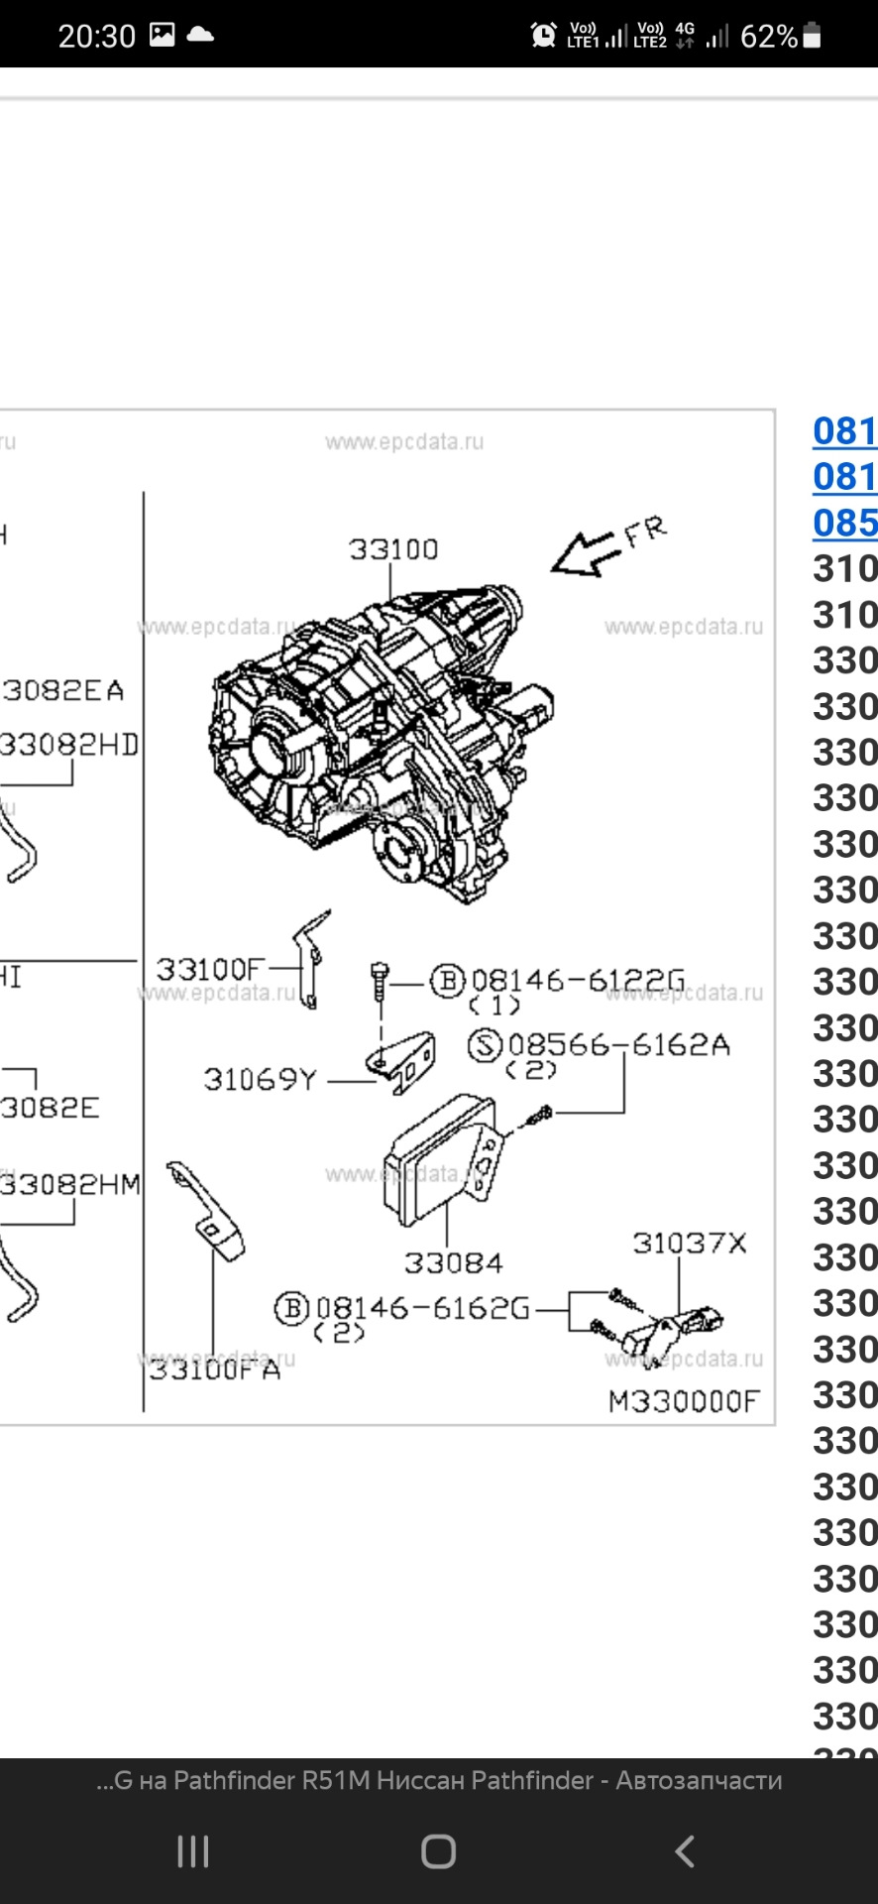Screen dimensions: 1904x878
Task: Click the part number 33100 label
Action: pyautogui.click(x=392, y=549)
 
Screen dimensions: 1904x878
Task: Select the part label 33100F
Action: pyautogui.click(x=210, y=969)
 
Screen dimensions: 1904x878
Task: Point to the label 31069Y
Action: pyautogui.click(x=260, y=1080)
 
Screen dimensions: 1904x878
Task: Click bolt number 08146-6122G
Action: pyautogui.click(x=578, y=981)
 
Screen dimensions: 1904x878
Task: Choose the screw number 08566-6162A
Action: pyautogui.click(x=618, y=1045)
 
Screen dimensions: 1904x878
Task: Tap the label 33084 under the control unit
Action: pyautogui.click(x=453, y=1263)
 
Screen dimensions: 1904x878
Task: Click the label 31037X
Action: pyautogui.click(x=689, y=1244)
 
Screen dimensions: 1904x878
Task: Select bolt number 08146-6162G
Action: pyautogui.click(x=422, y=1309)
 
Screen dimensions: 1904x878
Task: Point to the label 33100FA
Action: pyautogui.click(x=214, y=1370)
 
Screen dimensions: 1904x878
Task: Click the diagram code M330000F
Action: pyautogui.click(x=684, y=1401)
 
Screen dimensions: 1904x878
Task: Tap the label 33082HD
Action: pyautogui.click(x=69, y=745)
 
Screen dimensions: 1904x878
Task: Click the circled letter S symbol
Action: pyautogui.click(x=485, y=1045)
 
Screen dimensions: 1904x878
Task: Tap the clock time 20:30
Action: pyautogui.click(x=96, y=37)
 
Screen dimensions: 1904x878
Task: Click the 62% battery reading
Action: pyautogui.click(x=768, y=37)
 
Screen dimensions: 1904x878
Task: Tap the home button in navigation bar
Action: pyautogui.click(x=438, y=1851)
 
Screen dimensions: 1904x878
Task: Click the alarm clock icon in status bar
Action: pyautogui.click(x=543, y=36)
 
